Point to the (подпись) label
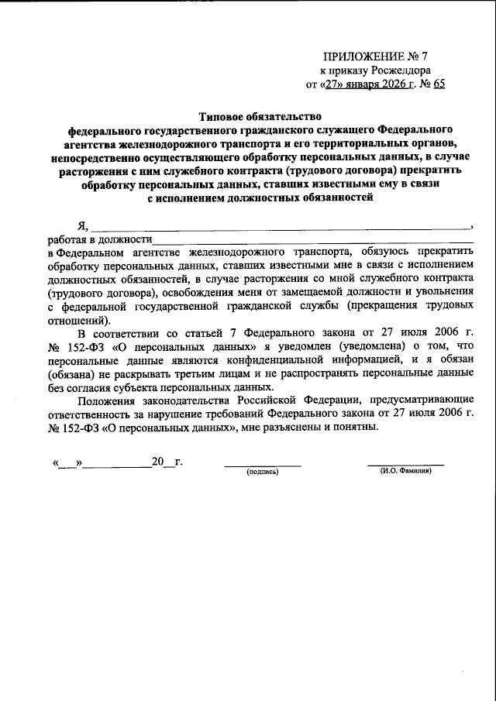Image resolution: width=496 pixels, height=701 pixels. pyautogui.click(x=262, y=472)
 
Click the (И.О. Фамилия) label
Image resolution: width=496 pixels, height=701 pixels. pyautogui.click(x=405, y=472)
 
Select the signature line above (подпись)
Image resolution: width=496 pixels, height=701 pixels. pyautogui.click(x=262, y=466)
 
